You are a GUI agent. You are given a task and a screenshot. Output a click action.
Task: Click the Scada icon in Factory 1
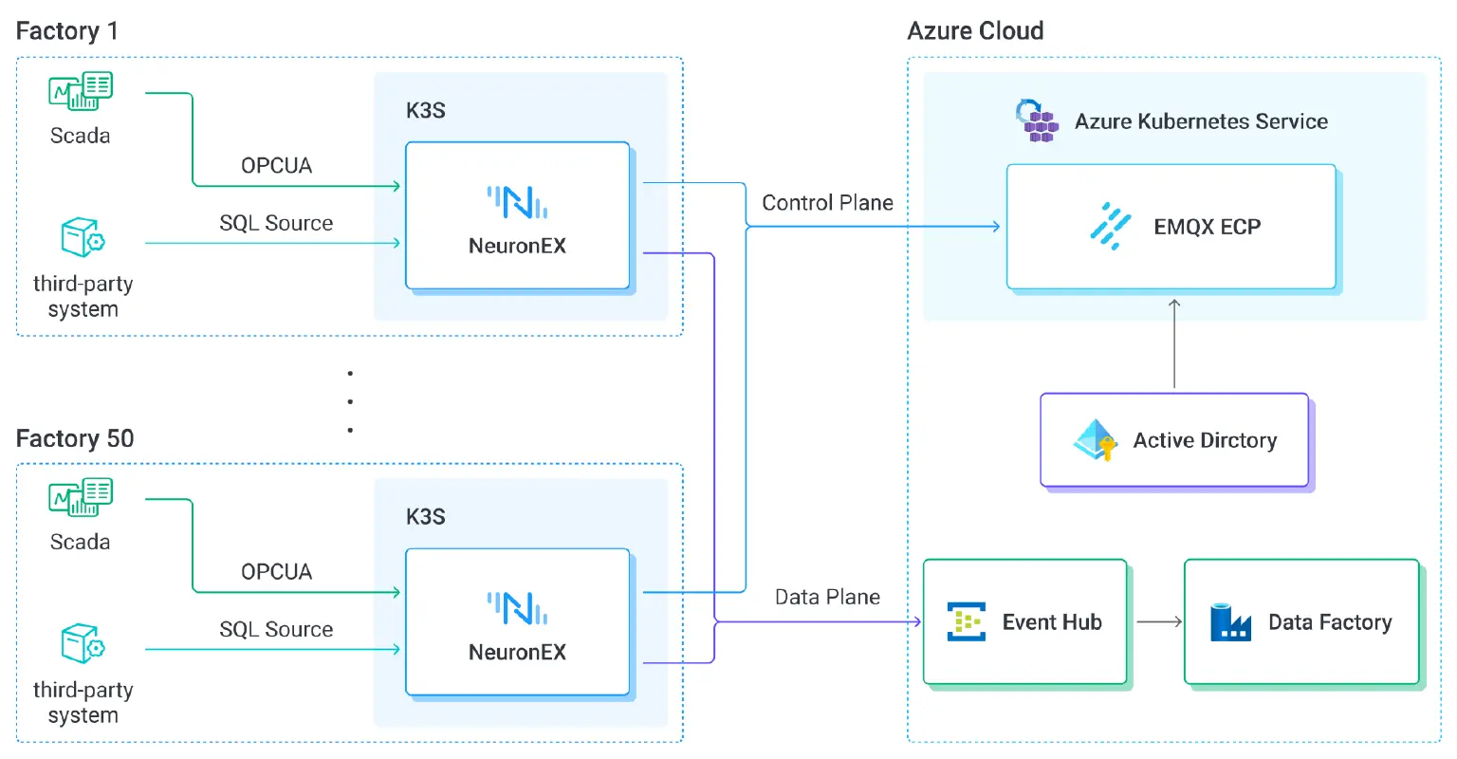(81, 91)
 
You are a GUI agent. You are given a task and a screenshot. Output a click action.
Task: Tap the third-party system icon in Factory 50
(83, 644)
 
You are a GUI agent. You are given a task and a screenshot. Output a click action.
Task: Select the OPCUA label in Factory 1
(276, 166)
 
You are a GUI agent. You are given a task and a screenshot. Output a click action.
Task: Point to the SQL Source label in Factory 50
(276, 630)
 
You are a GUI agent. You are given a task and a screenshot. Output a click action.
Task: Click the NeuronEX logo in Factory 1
(517, 202)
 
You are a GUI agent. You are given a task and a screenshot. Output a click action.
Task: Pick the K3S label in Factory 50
(426, 517)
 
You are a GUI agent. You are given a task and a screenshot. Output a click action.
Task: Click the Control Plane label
(827, 203)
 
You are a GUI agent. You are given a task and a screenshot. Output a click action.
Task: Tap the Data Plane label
(827, 597)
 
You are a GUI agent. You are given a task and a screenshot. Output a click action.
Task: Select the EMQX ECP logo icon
(1111, 226)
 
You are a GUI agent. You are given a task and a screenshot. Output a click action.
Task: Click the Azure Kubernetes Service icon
(1037, 120)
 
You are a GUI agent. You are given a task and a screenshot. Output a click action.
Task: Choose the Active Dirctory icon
(1097, 440)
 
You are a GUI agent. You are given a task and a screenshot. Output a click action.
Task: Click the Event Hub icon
(967, 622)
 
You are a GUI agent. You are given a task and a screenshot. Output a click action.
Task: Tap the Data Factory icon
(1230, 622)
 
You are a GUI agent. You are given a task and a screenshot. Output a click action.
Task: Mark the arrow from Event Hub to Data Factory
(1158, 622)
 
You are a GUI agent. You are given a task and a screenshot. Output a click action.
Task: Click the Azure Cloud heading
(975, 31)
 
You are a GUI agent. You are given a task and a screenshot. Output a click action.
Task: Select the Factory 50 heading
(75, 438)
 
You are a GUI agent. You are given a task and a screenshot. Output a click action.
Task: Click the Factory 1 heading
(67, 31)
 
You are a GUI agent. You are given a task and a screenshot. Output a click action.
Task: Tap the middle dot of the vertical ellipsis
(350, 401)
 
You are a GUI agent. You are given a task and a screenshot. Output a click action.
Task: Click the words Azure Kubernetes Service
(1201, 121)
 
